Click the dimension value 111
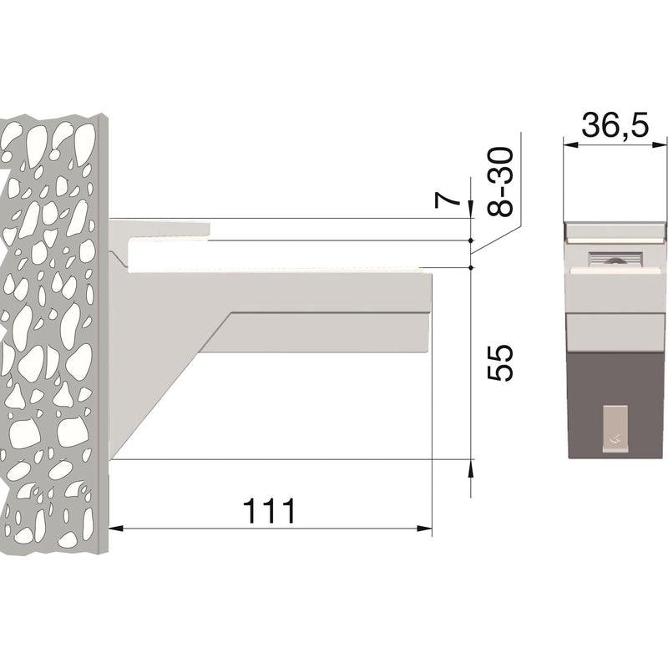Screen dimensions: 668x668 [269, 510]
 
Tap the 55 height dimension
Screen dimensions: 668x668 [500, 362]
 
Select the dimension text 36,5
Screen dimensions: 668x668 [615, 125]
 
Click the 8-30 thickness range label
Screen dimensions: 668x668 [499, 182]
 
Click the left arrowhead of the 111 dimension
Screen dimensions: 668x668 [116, 529]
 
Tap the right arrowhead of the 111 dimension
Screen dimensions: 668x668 [424, 529]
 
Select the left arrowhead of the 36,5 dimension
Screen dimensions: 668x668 [571, 145]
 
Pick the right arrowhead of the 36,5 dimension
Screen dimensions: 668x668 [660, 145]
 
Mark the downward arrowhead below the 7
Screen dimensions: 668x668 [471, 210]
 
